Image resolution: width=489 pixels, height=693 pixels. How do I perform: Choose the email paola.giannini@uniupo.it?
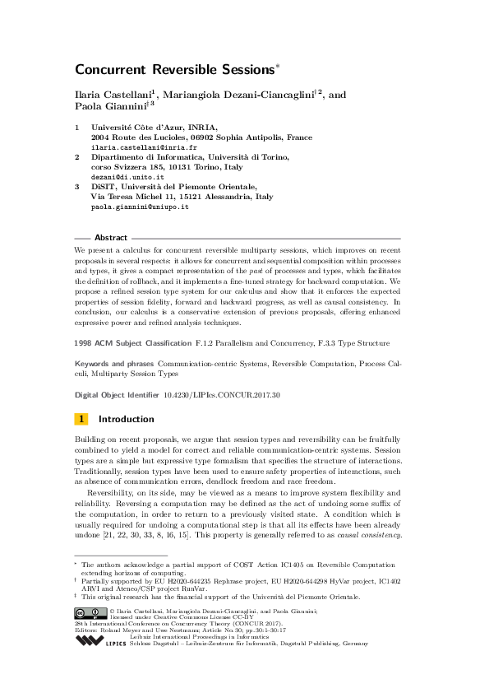click(140, 207)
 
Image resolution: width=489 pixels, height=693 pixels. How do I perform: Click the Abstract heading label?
click(111, 236)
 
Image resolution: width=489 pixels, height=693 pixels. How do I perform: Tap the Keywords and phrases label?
click(114, 362)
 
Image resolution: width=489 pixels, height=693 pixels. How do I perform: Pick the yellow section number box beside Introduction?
click(81, 419)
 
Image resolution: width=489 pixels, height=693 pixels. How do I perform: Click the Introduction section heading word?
click(127, 419)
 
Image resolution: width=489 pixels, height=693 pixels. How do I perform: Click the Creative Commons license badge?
click(89, 612)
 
